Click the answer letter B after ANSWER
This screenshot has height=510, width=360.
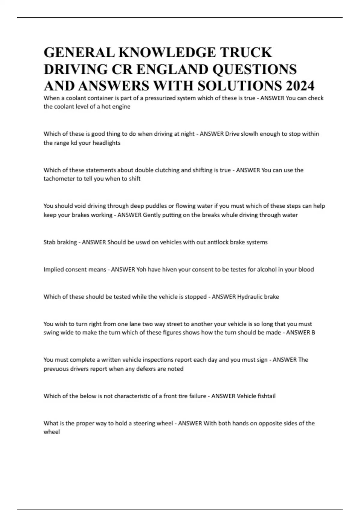(x=313, y=332)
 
